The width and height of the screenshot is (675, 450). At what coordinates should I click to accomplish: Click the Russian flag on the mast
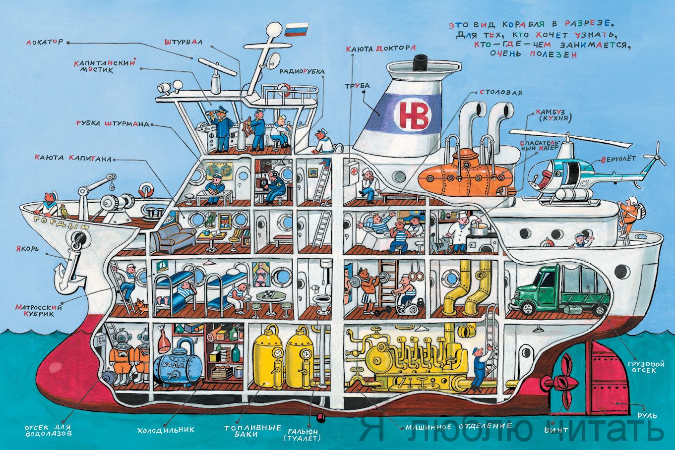click(x=296, y=29)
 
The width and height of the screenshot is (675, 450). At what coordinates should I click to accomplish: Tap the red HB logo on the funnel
click(x=413, y=115)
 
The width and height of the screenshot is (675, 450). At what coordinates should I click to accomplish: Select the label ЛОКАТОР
click(x=44, y=42)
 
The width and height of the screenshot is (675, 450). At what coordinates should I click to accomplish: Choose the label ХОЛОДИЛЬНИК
click(x=166, y=430)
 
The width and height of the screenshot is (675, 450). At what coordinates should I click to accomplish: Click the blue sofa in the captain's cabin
click(x=174, y=237)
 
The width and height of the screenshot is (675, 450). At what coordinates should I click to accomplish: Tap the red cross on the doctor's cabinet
click(x=353, y=171)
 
